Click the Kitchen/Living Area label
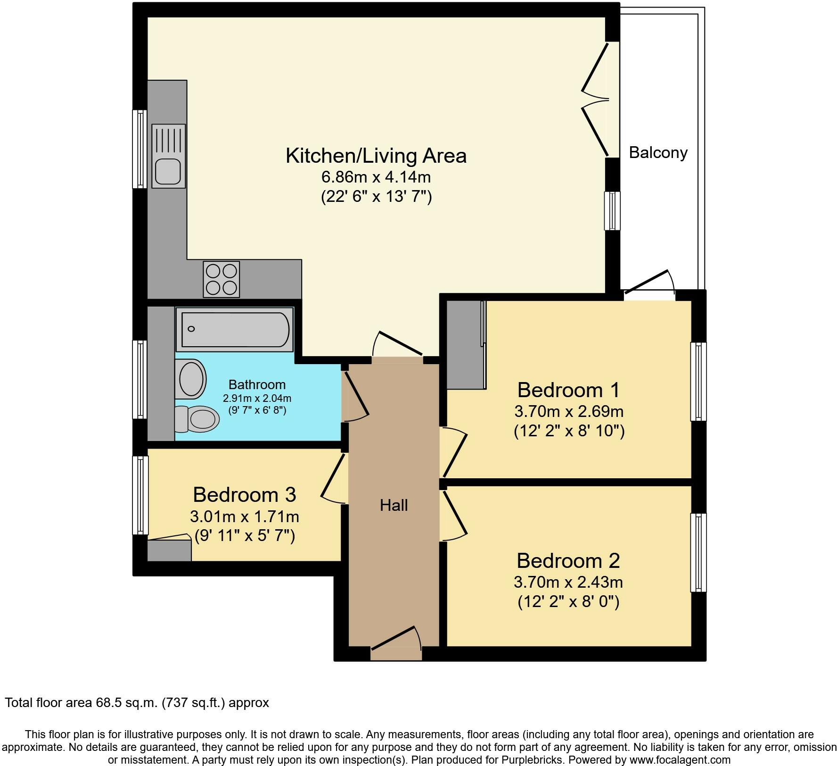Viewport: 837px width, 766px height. tap(376, 156)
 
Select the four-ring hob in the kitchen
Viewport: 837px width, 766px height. tap(221, 279)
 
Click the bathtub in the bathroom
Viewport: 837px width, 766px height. tap(234, 329)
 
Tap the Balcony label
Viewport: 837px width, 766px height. tap(658, 153)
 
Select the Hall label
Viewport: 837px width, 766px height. tap(394, 505)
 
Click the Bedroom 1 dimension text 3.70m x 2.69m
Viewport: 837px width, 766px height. tap(569, 411)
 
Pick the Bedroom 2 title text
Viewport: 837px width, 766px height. tap(568, 561)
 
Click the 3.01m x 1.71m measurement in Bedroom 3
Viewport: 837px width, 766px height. tap(244, 516)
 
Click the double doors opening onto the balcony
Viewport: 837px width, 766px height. tap(596, 99)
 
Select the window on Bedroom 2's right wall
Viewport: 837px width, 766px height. tap(698, 552)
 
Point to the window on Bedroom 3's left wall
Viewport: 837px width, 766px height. tap(140, 495)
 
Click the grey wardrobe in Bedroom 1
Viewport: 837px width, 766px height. tap(465, 344)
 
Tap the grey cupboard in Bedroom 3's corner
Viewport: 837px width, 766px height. tap(169, 550)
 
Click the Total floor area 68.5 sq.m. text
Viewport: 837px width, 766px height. tap(137, 703)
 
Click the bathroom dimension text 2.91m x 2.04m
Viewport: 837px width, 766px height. tap(257, 399)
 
